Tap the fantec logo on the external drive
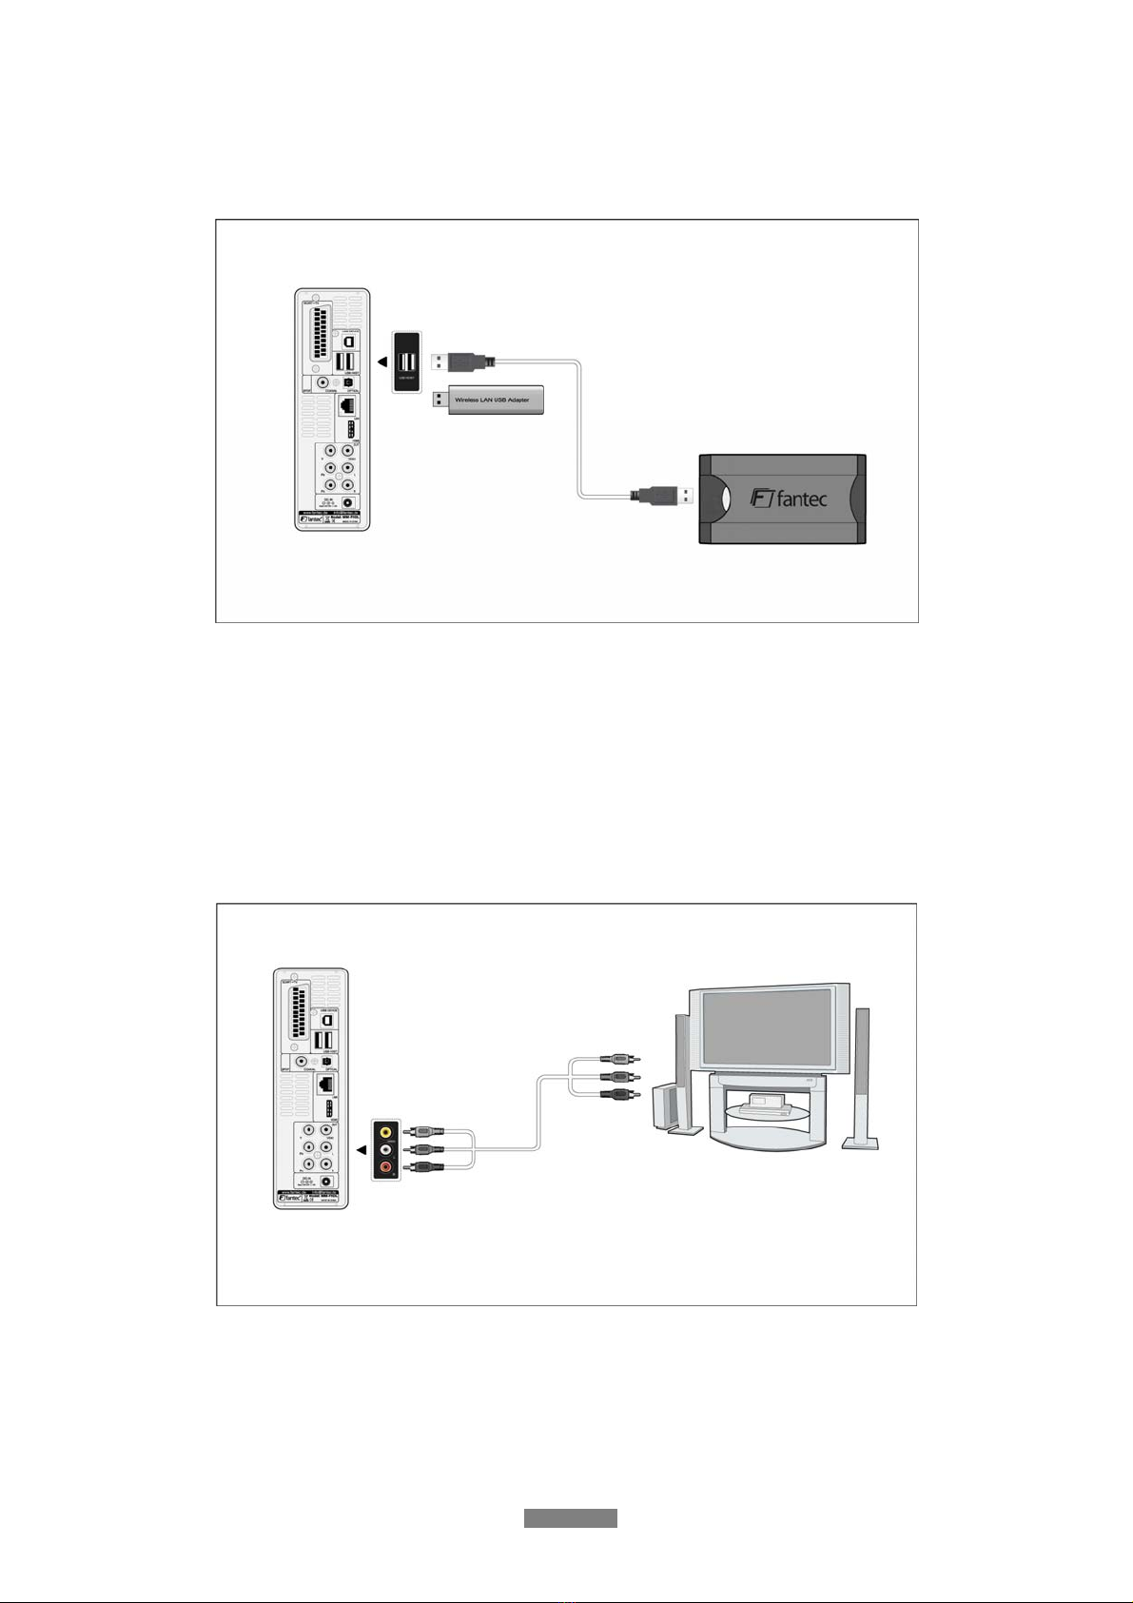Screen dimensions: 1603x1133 pos(788,498)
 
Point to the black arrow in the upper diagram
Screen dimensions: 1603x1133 pos(381,362)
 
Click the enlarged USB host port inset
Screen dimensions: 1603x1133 pos(407,362)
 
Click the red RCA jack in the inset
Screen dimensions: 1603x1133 pos(385,1166)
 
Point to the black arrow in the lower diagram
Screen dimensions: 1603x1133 pos(361,1150)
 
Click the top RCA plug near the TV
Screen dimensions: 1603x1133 pos(624,1058)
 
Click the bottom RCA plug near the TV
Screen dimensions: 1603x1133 pos(624,1094)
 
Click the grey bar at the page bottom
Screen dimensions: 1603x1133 pos(570,1517)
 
